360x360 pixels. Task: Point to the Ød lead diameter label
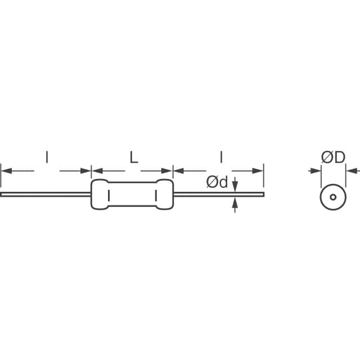click(x=217, y=182)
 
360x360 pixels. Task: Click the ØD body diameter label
click(x=332, y=158)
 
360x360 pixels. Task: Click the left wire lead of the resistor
click(x=45, y=195)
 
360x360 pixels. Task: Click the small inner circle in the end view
click(x=332, y=197)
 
